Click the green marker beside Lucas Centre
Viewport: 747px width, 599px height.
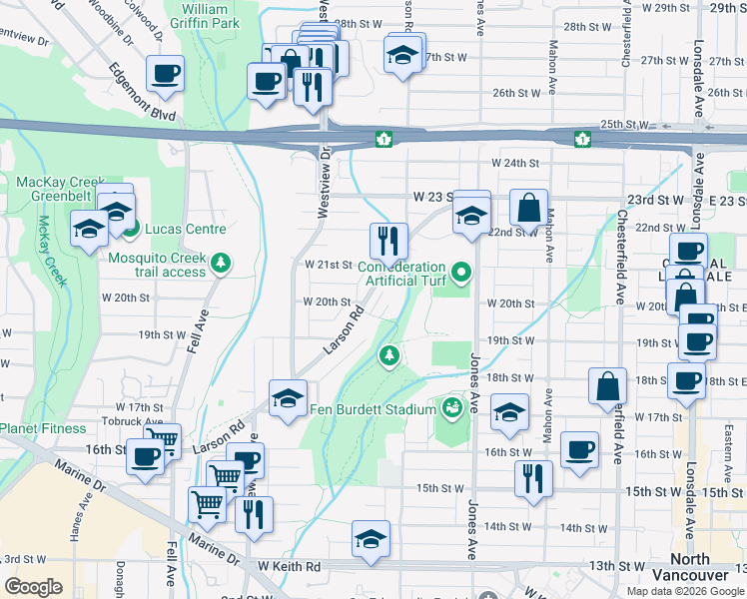click(131, 229)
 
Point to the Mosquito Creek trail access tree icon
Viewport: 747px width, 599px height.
click(221, 264)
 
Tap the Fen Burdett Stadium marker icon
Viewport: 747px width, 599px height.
click(452, 407)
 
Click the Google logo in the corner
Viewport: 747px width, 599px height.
click(33, 586)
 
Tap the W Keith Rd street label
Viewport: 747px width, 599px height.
click(289, 566)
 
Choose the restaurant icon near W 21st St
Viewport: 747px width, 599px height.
click(388, 240)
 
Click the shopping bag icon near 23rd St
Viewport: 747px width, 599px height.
click(528, 208)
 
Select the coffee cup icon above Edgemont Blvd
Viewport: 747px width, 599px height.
click(165, 72)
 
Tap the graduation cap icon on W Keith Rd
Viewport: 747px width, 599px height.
click(371, 538)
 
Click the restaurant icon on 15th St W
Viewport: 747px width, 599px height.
click(533, 478)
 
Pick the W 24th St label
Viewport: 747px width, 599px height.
click(514, 163)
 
